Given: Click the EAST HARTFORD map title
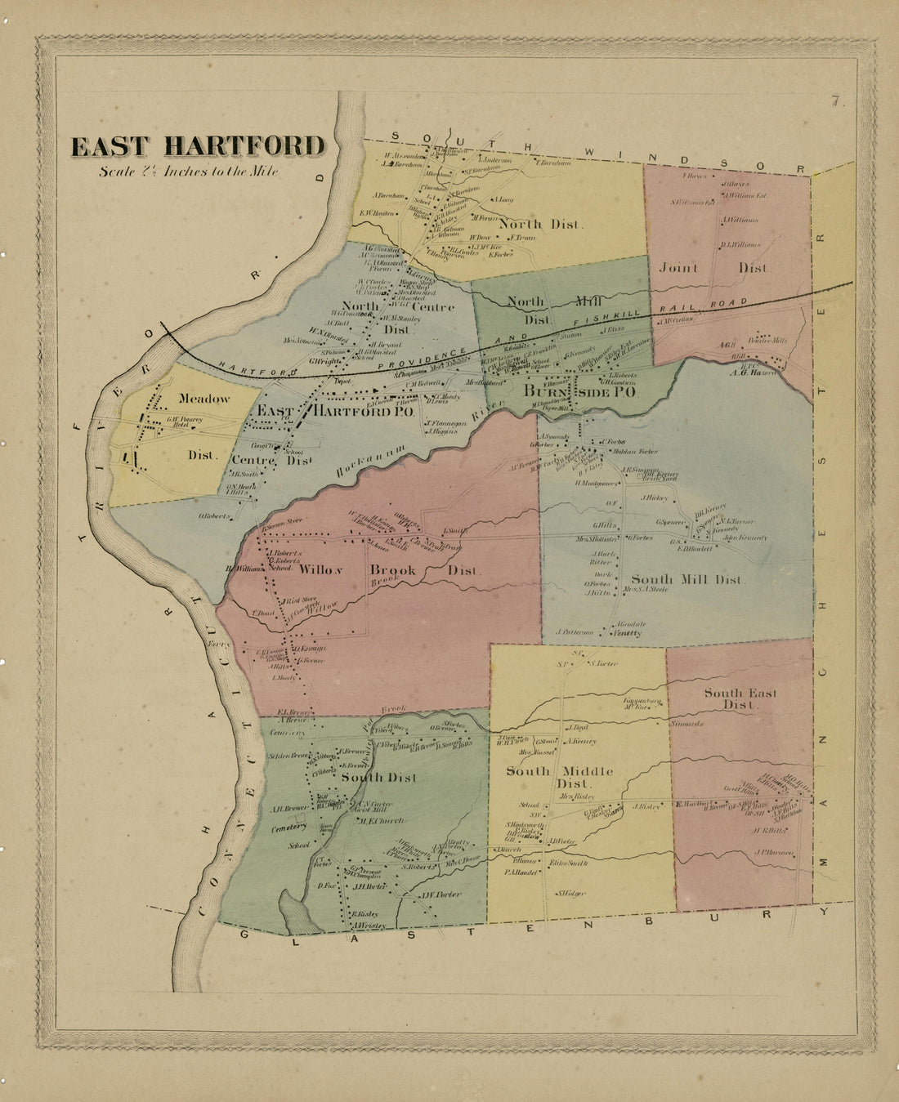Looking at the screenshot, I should [198, 146].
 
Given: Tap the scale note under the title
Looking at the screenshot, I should [189, 172].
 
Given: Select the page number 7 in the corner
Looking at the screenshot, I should [835, 102].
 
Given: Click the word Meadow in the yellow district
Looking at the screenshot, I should [204, 399].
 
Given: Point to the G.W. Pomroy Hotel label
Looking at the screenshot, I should [184, 422].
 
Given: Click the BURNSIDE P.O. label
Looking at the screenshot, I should [581, 393].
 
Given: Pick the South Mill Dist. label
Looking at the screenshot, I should [687, 579].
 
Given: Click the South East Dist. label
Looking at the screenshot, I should [740, 698].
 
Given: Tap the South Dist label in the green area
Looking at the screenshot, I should [378, 777].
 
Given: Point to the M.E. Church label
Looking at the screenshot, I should [377, 821].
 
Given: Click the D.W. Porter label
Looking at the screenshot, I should [441, 894].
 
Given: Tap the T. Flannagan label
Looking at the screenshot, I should [446, 422].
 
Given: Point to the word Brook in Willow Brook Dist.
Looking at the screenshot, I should [394, 570].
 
